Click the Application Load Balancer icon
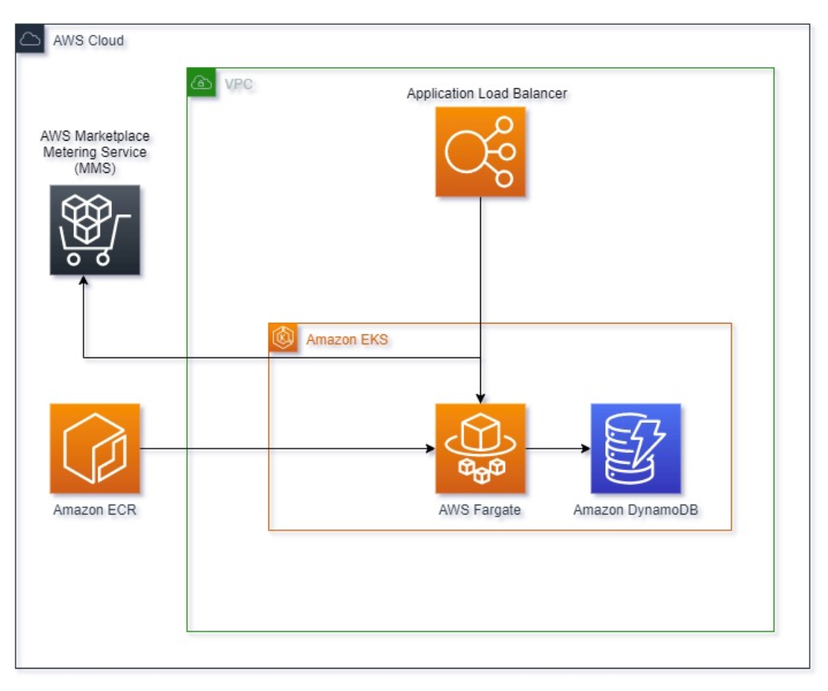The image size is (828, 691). (480, 151)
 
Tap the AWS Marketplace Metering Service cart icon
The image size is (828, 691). (94, 230)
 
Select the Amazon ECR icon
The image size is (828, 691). (94, 449)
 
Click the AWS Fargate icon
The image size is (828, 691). (480, 449)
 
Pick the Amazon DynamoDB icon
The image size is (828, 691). (635, 449)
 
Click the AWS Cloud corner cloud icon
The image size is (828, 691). (30, 40)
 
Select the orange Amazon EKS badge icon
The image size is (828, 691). (283, 338)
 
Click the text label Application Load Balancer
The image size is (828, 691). (487, 94)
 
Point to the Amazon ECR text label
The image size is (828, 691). (94, 510)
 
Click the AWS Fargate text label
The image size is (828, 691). (479, 510)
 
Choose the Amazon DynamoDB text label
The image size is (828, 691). (635, 510)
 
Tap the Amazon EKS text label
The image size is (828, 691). (347, 339)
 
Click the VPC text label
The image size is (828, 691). (238, 84)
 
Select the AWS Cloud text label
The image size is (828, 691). (89, 41)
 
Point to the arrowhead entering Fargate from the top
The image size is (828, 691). (480, 397)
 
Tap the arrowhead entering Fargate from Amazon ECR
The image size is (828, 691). (430, 449)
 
